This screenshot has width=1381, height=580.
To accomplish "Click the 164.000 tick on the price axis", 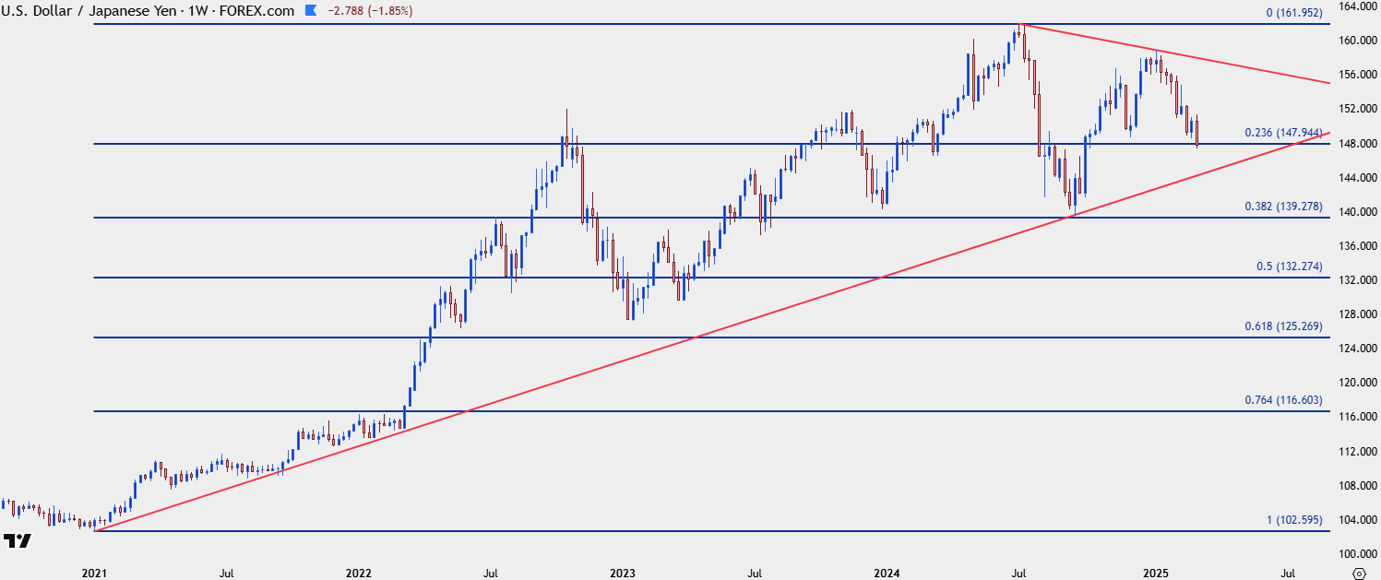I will point(1356,6).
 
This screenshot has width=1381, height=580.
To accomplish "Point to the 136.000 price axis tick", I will point(1356,245).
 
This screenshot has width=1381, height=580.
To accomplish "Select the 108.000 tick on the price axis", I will point(1356,485).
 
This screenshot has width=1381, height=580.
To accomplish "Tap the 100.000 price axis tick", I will point(1356,553).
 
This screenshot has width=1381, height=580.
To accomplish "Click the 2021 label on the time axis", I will point(94,573).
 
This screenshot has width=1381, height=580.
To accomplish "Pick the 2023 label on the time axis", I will point(623,573).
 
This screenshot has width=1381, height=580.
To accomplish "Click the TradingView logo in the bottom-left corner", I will point(18,540).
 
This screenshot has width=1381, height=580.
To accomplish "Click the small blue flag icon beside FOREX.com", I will point(310,11).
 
